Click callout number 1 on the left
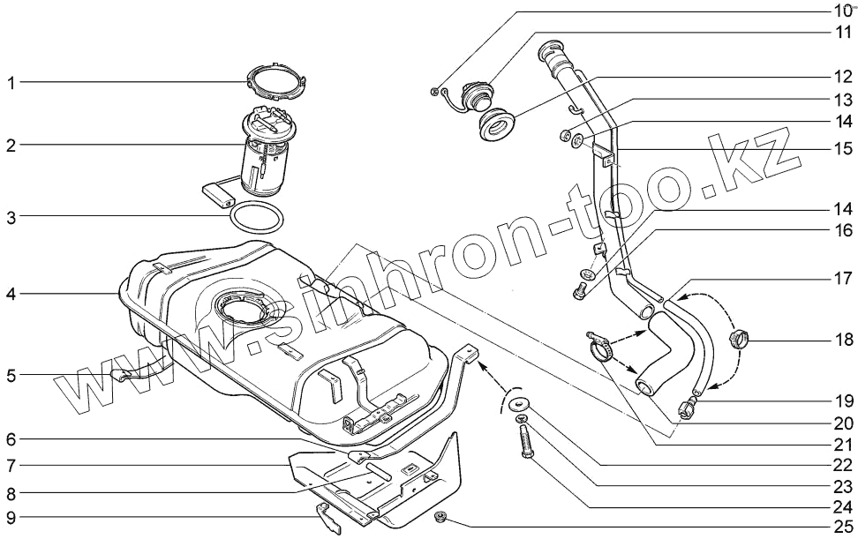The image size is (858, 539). click(11, 84)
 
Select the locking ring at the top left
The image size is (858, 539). click(275, 80)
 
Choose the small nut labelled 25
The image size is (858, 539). click(441, 516)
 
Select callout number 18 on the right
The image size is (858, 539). click(844, 341)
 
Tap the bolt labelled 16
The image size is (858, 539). click(581, 291)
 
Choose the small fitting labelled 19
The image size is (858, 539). click(687, 408)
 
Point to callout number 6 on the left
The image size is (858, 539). click(11, 438)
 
